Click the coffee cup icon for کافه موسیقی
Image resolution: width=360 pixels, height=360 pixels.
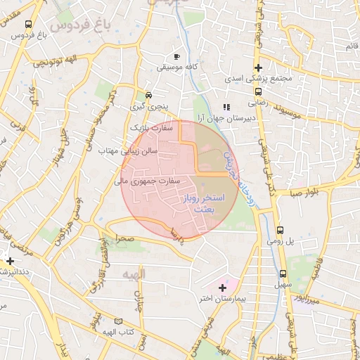[176, 56]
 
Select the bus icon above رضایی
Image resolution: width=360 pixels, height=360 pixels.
[258, 91]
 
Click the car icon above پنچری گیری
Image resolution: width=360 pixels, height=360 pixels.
[148, 95]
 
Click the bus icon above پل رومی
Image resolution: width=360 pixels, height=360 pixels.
[281, 230]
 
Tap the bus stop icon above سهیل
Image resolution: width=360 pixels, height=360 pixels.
[283, 274]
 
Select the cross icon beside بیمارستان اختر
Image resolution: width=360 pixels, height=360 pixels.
[223, 287]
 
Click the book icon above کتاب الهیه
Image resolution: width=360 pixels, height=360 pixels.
[118, 321]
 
